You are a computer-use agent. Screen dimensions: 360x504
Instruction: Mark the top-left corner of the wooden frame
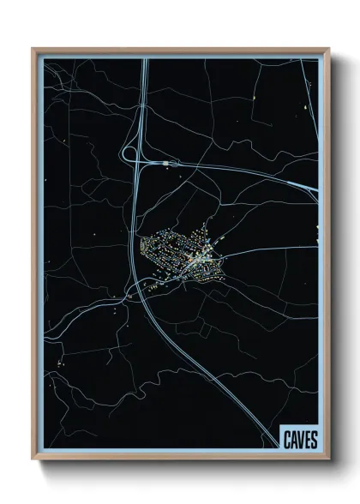point(33,49)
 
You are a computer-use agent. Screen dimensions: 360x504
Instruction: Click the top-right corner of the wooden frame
point(329,49)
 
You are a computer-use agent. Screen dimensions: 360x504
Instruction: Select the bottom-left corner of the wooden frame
point(33,459)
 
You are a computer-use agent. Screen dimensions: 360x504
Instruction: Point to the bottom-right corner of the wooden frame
point(329,459)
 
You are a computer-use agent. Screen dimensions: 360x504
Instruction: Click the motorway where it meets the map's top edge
point(144,57)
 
